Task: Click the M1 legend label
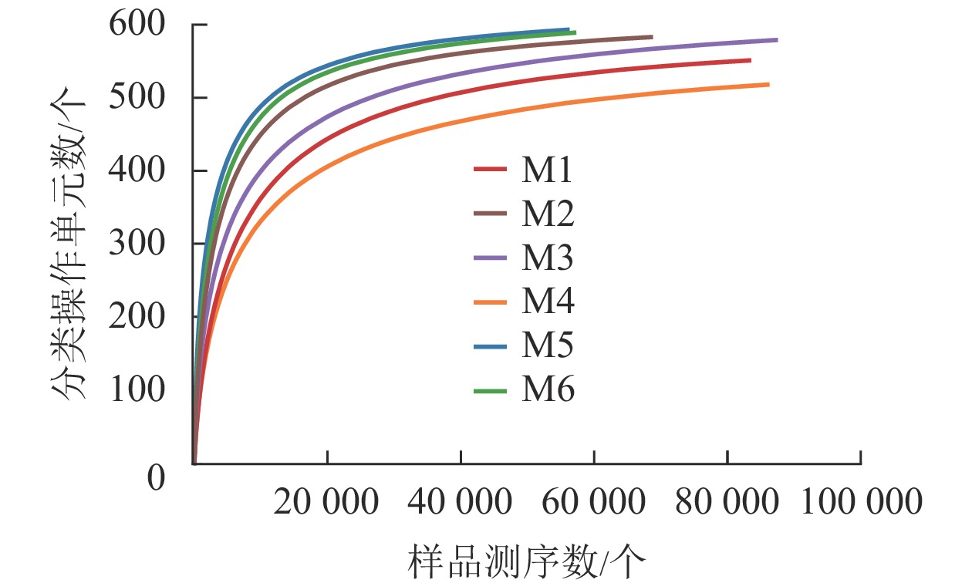pos(547,171)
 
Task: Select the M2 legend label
pos(547,215)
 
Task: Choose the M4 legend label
pos(547,302)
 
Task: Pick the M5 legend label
pos(547,346)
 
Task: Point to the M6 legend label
pos(547,390)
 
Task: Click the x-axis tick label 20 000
pos(326,503)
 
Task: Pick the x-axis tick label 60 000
pos(593,503)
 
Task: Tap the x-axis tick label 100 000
pos(861,503)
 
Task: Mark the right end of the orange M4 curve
pos(768,84)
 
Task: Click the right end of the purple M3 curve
pos(776,39)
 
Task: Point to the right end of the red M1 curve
pos(749,60)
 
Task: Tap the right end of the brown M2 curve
pos(651,36)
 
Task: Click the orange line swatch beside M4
pos(490,302)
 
